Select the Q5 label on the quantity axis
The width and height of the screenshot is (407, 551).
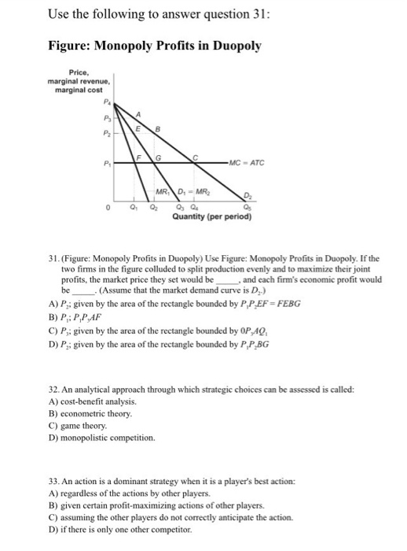[247, 209]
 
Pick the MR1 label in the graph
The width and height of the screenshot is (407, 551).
[163, 193]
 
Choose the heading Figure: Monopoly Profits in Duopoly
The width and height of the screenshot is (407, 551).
[154, 46]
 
